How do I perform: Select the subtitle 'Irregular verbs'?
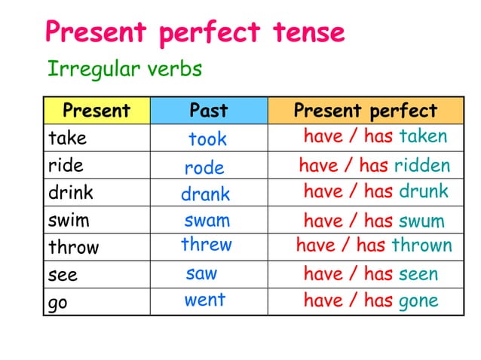pyautogui.click(x=124, y=69)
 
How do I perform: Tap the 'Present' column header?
pyautogui.click(x=97, y=111)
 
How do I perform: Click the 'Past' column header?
pyautogui.click(x=208, y=111)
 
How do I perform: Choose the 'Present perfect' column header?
pyautogui.click(x=365, y=111)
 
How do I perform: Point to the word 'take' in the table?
pyautogui.click(x=67, y=139)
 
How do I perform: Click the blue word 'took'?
pyautogui.click(x=207, y=139)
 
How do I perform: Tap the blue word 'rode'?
pyautogui.click(x=204, y=168)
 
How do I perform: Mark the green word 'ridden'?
pyautogui.click(x=422, y=165)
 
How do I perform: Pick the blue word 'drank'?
pyautogui.click(x=205, y=194)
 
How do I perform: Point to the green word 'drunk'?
pyautogui.click(x=423, y=191)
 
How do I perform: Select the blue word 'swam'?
pyautogui.click(x=207, y=221)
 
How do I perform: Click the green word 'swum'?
pyautogui.click(x=421, y=221)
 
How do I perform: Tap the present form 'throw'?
pyautogui.click(x=73, y=247)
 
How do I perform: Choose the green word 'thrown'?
pyautogui.click(x=421, y=246)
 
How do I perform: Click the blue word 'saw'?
pyautogui.click(x=201, y=273)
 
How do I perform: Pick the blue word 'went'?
pyautogui.click(x=205, y=300)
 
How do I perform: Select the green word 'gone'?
pyautogui.click(x=418, y=301)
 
